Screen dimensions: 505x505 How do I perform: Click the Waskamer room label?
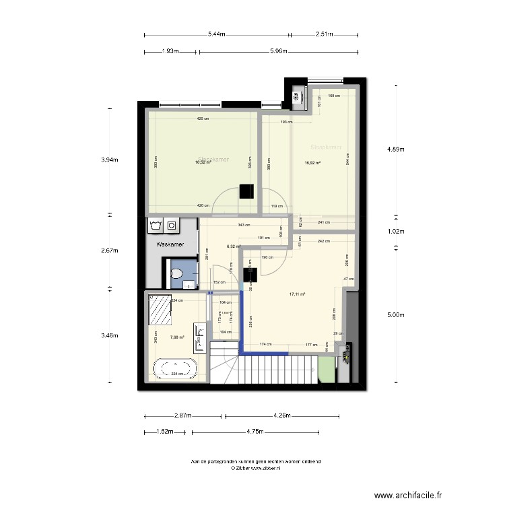[170, 245]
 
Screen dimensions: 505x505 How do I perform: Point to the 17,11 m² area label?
[297, 294]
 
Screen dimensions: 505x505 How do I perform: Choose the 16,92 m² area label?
[312, 162]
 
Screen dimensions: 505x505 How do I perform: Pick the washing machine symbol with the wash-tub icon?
[156, 224]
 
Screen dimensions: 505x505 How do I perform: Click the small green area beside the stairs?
[326, 369]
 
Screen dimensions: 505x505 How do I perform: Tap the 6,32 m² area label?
[234, 246]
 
